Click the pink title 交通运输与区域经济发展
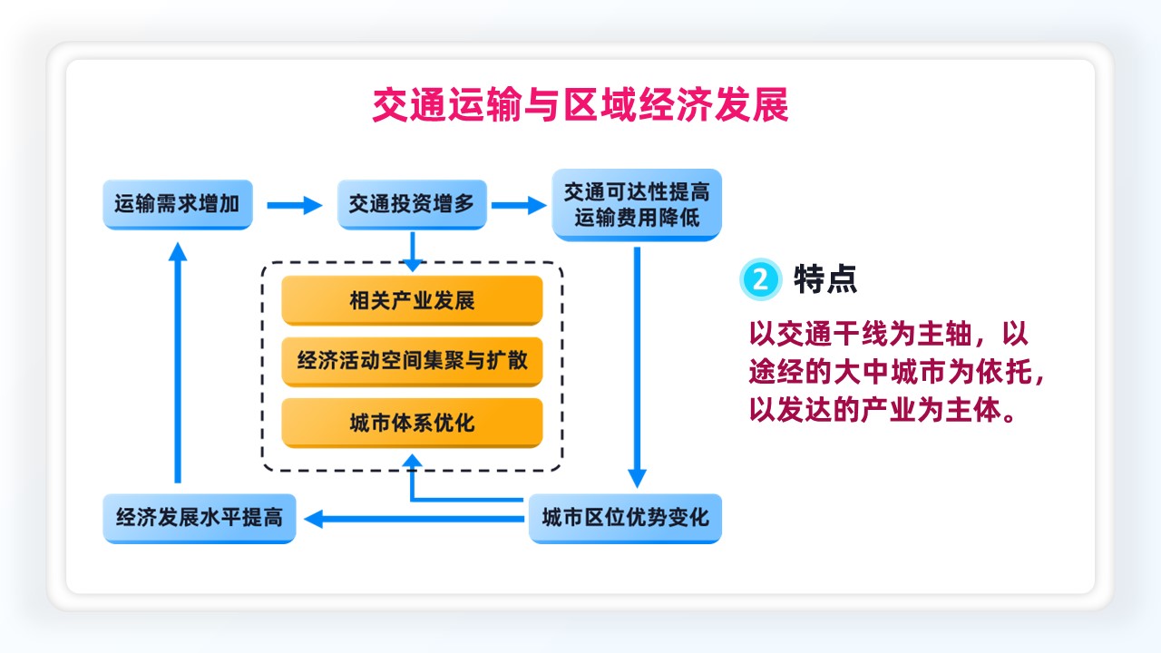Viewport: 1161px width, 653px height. (x=580, y=105)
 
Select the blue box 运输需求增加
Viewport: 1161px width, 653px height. (x=178, y=204)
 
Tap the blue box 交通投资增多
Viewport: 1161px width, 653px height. (x=412, y=204)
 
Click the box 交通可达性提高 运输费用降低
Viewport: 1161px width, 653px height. (x=637, y=205)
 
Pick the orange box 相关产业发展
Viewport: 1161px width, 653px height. (x=412, y=300)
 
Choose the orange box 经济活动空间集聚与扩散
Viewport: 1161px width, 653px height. (x=412, y=361)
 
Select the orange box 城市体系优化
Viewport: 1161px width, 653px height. (x=412, y=423)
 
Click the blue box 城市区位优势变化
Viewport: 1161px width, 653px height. (x=625, y=518)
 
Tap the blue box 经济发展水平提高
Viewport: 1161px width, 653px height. (x=200, y=518)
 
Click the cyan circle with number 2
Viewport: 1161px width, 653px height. (x=760, y=279)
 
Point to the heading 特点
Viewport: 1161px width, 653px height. (x=825, y=279)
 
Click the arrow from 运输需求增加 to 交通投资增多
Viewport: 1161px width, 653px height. (x=295, y=205)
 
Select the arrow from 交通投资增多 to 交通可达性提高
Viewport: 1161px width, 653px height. (x=519, y=205)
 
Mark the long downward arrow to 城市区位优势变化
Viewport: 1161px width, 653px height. (x=637, y=367)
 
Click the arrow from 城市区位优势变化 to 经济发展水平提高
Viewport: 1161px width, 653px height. (x=415, y=519)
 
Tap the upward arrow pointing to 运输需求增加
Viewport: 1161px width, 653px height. (x=178, y=362)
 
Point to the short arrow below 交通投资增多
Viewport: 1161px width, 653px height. (x=413, y=252)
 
